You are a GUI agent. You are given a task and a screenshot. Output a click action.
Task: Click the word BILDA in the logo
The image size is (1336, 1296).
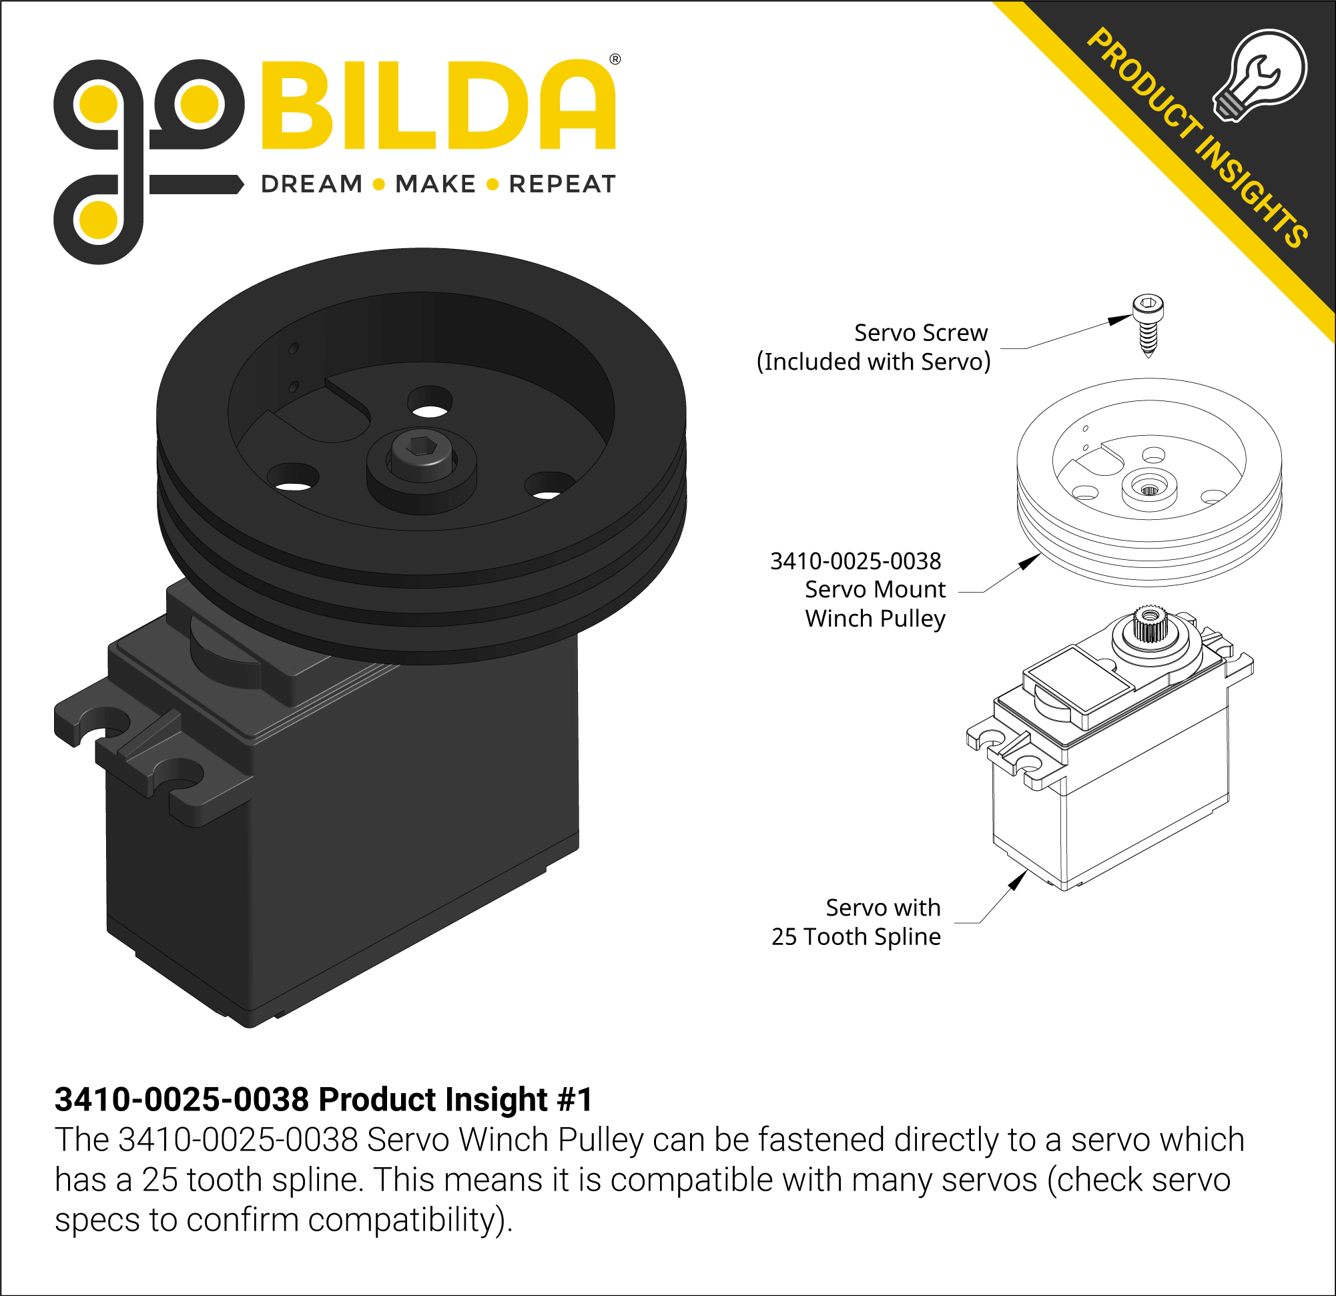[x=439, y=105]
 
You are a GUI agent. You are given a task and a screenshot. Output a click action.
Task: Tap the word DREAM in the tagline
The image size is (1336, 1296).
[x=312, y=184]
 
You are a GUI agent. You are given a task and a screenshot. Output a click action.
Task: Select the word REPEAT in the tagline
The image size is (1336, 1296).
[x=563, y=184]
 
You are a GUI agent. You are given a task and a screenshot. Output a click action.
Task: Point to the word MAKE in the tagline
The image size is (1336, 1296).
[x=435, y=184]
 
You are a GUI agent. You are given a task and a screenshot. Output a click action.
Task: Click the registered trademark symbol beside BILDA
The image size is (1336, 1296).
[x=615, y=59]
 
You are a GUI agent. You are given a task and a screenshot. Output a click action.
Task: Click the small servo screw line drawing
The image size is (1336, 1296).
[x=1148, y=324]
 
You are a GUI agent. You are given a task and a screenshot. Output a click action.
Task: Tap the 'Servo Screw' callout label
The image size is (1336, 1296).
[x=920, y=333]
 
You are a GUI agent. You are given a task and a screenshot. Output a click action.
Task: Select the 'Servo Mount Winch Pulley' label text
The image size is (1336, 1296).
[x=876, y=604]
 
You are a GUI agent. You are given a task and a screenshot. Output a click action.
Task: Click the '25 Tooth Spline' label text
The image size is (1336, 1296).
[x=856, y=937]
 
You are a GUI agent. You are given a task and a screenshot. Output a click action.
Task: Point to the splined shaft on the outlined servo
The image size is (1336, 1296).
[x=1150, y=623]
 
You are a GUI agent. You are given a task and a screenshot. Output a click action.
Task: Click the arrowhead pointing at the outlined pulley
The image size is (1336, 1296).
[x=1030, y=561]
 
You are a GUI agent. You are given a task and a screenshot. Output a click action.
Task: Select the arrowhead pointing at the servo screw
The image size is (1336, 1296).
[x=1119, y=319]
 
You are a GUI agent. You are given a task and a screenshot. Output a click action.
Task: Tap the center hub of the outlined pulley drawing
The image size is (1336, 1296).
[x=1149, y=489]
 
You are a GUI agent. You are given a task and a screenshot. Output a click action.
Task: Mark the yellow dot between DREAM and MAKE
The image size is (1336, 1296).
[x=380, y=185]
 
